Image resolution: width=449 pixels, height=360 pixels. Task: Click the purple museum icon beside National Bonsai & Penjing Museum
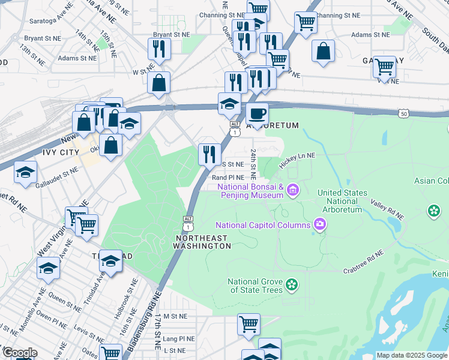pyautogui.click(x=293, y=191)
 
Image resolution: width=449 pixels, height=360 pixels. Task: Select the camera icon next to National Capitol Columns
pyautogui.click(x=319, y=225)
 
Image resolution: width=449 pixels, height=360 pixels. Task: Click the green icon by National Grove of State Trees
pyautogui.click(x=292, y=283)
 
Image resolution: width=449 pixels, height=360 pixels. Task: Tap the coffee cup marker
pyautogui.click(x=258, y=113)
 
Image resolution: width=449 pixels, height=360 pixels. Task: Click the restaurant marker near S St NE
pyautogui.click(x=209, y=154)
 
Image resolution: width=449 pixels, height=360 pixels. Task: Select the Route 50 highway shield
pyautogui.click(x=403, y=113)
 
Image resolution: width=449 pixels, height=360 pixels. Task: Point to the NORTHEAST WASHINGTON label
pyautogui.click(x=201, y=242)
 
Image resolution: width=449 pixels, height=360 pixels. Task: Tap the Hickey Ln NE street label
pyautogui.click(x=298, y=155)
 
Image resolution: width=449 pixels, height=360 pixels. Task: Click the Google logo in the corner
pyautogui.click(x=19, y=353)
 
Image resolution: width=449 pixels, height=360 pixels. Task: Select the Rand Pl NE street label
pyautogui.click(x=228, y=178)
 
